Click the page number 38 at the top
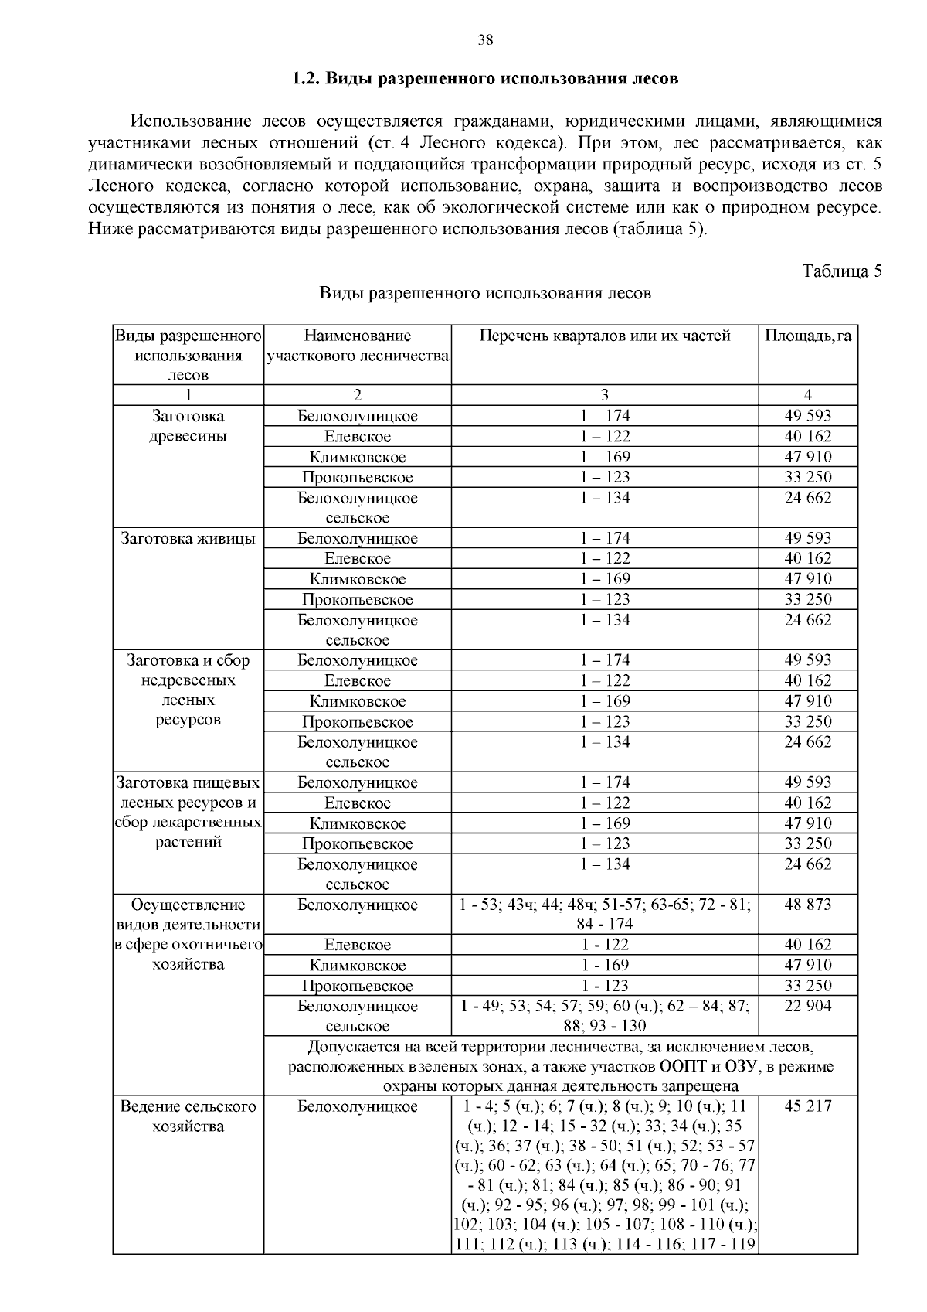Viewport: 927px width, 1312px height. point(485,41)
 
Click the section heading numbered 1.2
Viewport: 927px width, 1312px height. point(485,79)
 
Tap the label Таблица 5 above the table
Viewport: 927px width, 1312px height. point(842,271)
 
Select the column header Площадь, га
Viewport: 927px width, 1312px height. point(808,336)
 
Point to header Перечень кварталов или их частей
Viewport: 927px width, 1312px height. point(604,336)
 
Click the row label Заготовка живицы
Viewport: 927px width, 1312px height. point(188,538)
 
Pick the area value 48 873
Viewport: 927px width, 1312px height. point(808,905)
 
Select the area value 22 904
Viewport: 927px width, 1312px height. point(808,1006)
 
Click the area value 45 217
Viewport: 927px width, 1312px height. point(808,1106)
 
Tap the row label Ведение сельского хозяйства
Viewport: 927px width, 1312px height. point(188,1116)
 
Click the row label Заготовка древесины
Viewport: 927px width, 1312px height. point(188,426)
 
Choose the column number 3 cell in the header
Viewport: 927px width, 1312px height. point(604,395)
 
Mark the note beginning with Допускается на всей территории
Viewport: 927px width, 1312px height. point(561,1066)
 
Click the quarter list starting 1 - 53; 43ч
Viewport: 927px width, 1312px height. point(604,914)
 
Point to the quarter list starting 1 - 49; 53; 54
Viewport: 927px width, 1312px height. point(604,1015)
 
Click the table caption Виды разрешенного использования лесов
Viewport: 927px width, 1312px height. point(485,294)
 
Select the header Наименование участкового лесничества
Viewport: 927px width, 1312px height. point(358,346)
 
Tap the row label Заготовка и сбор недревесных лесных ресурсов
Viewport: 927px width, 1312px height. point(188,690)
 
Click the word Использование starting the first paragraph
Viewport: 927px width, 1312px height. point(192,122)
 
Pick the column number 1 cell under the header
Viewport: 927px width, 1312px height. point(188,395)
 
